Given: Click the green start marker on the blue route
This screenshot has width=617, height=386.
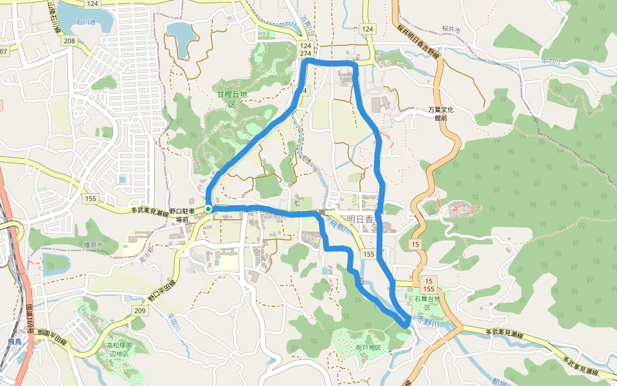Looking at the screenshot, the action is (x=209, y=208).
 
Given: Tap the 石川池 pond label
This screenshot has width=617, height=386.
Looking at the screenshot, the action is (x=85, y=22).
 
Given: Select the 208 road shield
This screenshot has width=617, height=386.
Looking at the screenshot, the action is (x=69, y=41).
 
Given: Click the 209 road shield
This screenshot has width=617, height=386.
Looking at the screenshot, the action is (x=140, y=311).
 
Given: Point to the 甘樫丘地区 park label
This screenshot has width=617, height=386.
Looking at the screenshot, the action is (x=232, y=99).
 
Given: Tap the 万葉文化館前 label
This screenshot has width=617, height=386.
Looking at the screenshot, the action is (x=440, y=114).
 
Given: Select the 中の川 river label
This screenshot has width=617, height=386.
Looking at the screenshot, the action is (x=551, y=61).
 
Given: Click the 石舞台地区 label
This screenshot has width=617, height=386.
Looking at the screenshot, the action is (x=426, y=303).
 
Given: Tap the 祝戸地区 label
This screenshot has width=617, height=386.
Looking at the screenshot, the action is (x=368, y=347).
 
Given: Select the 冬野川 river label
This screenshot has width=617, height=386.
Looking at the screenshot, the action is (x=425, y=318).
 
